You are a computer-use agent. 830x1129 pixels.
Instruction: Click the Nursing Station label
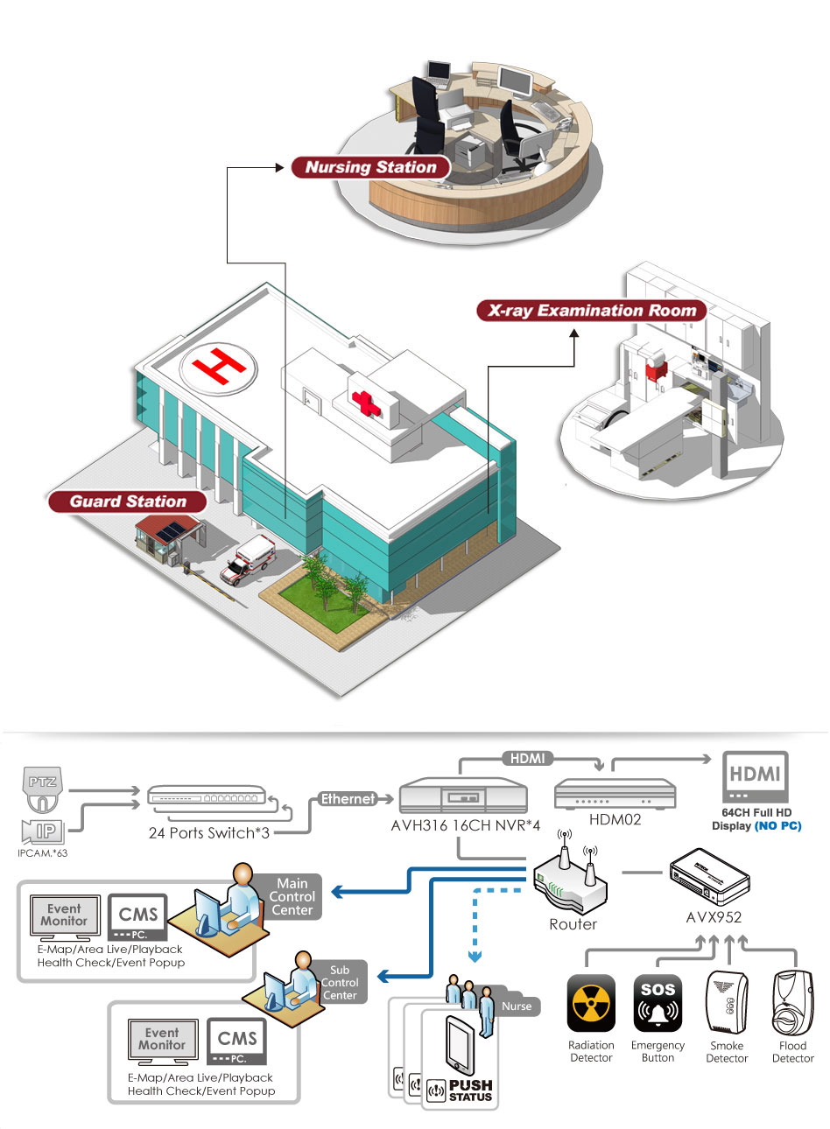[371, 167]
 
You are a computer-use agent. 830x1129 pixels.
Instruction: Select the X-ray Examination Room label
[592, 311]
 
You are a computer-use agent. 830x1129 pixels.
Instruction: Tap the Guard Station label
[128, 501]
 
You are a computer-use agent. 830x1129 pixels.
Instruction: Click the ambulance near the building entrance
[248, 560]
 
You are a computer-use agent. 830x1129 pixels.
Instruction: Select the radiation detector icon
[591, 1004]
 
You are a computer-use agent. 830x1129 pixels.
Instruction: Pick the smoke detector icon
[727, 1003]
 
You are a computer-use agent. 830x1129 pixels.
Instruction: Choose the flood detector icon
[792, 1003]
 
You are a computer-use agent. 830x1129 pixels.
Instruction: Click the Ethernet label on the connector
[348, 799]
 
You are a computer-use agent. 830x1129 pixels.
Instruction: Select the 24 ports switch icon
[207, 796]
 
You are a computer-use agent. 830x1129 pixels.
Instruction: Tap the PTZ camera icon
[43, 789]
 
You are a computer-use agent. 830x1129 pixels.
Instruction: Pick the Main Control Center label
[292, 897]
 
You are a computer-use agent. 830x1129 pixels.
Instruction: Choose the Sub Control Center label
[340, 983]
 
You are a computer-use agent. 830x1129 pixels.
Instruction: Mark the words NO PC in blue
[777, 826]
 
